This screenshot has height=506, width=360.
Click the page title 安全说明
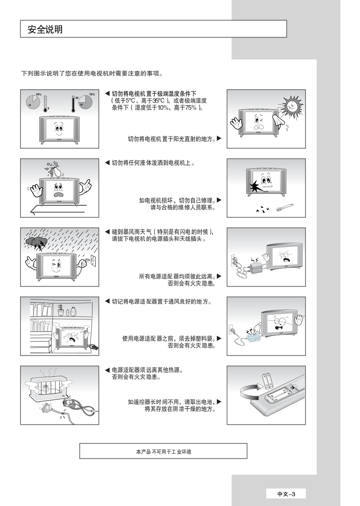coord(45,29)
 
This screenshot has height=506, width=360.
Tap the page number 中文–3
coord(286,494)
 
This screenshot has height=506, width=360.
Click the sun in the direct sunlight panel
coord(293,106)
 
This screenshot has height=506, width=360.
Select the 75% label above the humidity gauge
coord(92,95)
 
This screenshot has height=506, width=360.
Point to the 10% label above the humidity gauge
coord(39,95)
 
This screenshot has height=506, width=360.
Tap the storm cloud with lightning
coord(36,243)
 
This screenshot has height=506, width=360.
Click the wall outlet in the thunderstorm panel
coord(93,260)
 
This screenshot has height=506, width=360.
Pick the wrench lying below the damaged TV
coord(285,207)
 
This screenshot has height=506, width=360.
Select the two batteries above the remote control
coord(268,381)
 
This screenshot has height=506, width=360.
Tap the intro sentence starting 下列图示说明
coord(92,73)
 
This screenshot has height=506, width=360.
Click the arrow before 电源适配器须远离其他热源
coord(107,370)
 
